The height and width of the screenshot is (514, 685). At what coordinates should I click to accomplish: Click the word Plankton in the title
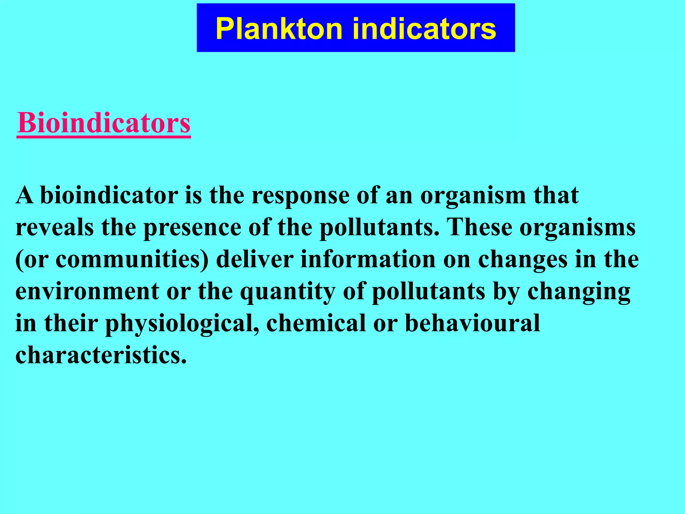coord(279,29)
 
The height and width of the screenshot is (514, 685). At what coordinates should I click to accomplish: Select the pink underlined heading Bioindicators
coord(104,123)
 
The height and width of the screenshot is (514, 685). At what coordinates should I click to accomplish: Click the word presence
coord(192,227)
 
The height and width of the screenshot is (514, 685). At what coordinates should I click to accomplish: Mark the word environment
coord(87,291)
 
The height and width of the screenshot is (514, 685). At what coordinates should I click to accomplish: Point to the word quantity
coord(288,292)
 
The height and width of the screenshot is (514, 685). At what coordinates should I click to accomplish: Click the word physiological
coord(182,324)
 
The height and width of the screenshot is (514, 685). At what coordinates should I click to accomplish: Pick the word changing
coord(579,292)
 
